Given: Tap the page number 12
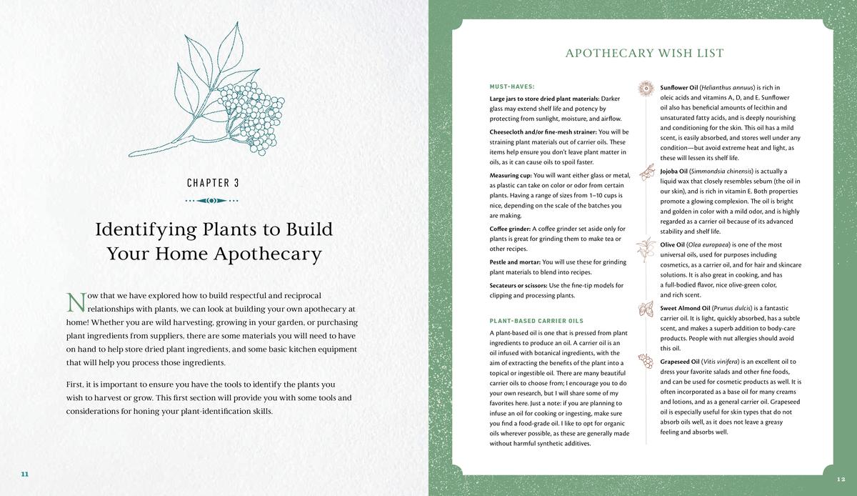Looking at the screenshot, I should tap(840, 478).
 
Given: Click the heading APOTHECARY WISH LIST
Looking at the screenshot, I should tap(644, 54).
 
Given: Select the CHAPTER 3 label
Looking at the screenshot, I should tap(213, 183).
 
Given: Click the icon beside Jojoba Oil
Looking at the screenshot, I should tap(647, 172).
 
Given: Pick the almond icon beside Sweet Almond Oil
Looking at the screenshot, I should tap(647, 309).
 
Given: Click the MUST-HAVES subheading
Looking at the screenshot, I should tap(512, 86).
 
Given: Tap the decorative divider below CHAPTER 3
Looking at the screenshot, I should tap(213, 201).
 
